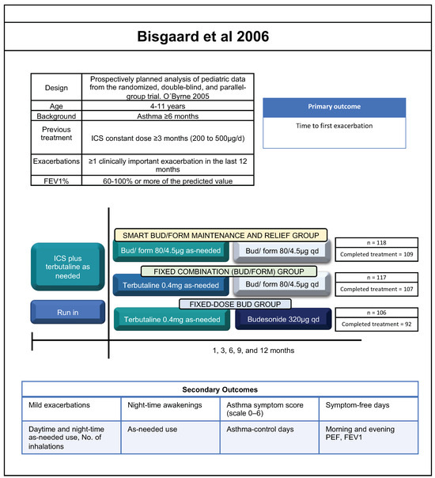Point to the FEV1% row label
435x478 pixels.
click(56, 179)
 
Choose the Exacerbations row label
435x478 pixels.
click(56, 162)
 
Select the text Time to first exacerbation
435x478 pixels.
click(334, 127)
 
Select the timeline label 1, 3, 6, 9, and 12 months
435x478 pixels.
click(236, 349)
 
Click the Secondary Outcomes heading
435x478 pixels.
click(217, 389)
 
